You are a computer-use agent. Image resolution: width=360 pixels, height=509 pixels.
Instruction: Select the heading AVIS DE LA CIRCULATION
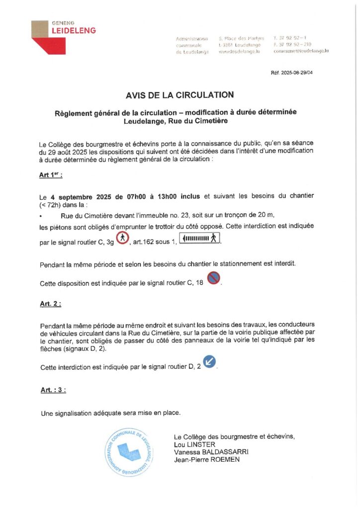[x=180, y=94]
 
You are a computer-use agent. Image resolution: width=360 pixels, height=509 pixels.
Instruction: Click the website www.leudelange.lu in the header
[x=239, y=51]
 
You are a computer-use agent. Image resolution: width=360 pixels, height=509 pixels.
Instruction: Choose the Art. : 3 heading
[x=53, y=390]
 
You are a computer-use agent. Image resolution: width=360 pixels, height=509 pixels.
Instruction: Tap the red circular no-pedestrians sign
[x=123, y=241]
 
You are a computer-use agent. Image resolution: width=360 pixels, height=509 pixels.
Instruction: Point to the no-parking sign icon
[x=213, y=278]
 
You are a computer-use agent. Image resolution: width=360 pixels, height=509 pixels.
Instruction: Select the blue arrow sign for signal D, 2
[x=210, y=362]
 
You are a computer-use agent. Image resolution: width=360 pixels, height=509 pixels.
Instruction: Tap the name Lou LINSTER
[x=192, y=444]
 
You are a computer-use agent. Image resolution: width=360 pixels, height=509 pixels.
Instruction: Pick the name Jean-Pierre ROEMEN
[x=206, y=460]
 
